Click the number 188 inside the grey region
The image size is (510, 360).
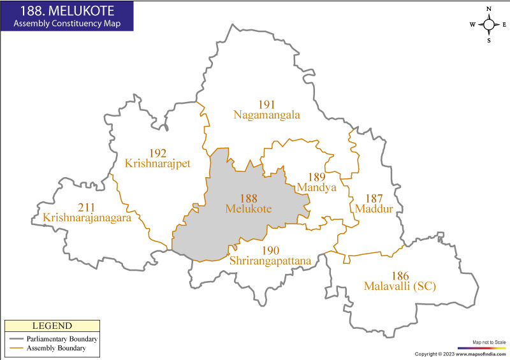249,198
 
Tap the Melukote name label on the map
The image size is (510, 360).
249,208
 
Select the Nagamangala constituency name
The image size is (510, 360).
266,115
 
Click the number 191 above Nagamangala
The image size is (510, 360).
266,104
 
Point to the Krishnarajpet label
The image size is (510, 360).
157,163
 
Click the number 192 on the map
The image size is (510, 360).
157,153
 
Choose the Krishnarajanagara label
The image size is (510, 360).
87,218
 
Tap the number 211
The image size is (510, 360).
87,208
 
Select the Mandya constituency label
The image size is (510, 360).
316,187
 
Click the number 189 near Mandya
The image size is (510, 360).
316,177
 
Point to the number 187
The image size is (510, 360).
373,198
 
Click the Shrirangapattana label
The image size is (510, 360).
270,261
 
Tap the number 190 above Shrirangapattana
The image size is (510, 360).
270,250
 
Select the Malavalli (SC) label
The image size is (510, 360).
400,286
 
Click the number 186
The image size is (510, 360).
400,276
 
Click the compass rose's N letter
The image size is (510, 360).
489,9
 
